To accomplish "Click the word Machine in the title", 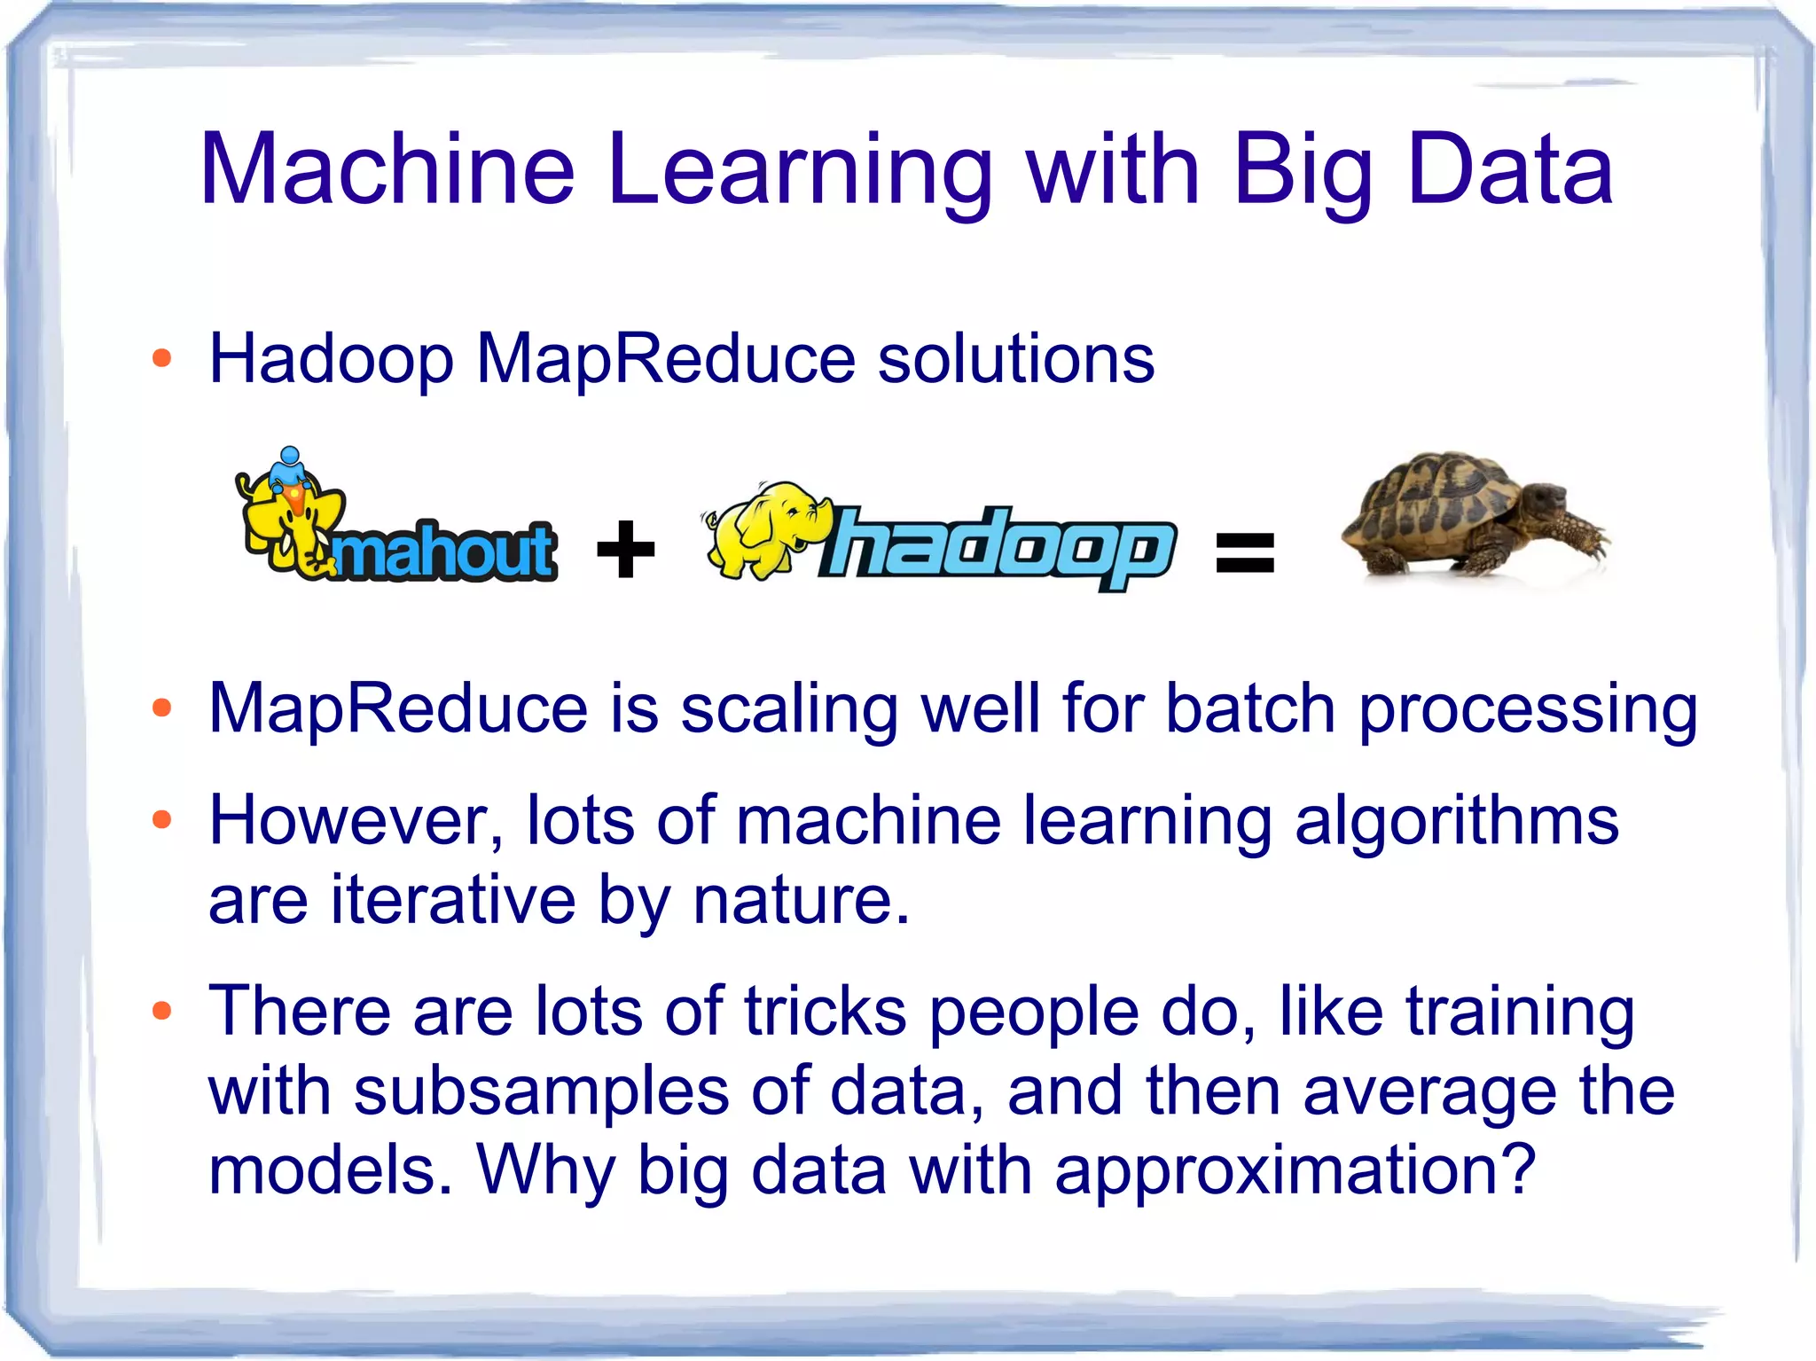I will tap(387, 168).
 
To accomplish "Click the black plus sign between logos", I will tap(626, 549).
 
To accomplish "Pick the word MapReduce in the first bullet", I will tap(665, 359).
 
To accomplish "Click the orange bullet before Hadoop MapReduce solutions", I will tap(161, 359).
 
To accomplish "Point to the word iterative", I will tap(453, 900).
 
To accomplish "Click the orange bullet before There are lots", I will tap(161, 1011).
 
